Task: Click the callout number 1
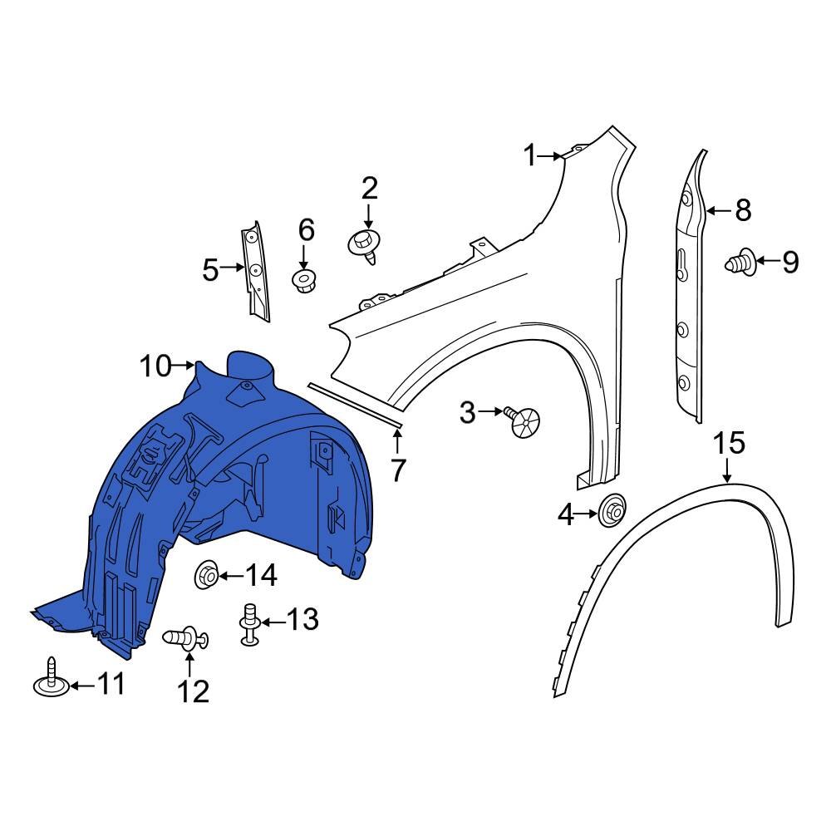tap(530, 155)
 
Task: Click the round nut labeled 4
tap(613, 513)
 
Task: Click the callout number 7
tap(398, 470)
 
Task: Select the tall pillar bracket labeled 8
tap(688, 283)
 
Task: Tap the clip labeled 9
tap(742, 264)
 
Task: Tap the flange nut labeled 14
tap(206, 574)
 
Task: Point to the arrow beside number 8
tap(720, 210)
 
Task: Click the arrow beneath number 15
tap(728, 472)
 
